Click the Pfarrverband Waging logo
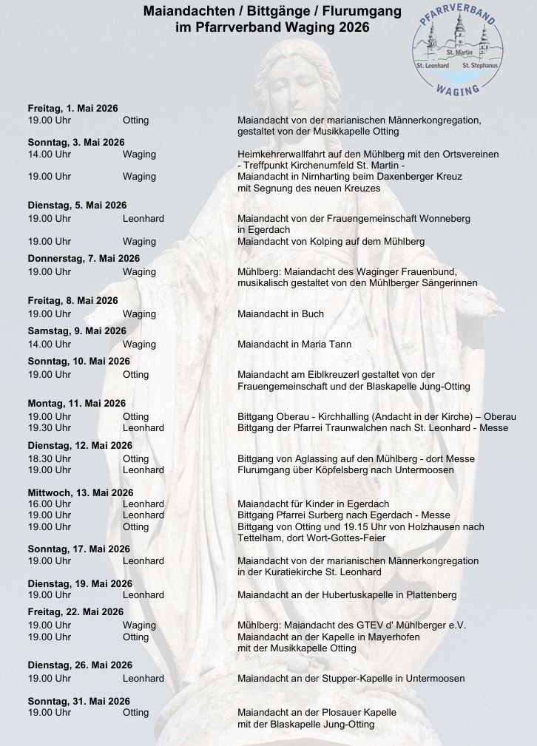coord(457,50)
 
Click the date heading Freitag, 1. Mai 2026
coord(72,109)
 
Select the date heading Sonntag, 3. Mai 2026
coord(76,142)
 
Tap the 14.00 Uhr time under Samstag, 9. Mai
coord(49,344)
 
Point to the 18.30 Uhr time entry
coord(49,458)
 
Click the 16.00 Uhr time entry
coord(49,504)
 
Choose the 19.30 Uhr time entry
coord(49,427)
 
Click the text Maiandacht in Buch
coord(280,313)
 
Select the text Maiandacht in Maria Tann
coord(294,344)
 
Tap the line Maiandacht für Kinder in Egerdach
coord(313,504)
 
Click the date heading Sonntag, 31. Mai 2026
coord(78,701)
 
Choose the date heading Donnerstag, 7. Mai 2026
coord(84,258)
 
